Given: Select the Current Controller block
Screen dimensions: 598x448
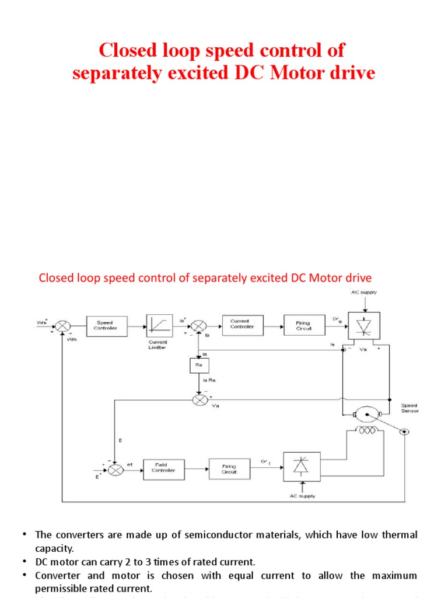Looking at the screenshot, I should (243, 325).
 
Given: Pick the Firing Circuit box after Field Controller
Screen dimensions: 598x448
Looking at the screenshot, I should (229, 468).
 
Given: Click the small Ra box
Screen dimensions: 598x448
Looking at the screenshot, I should (199, 366).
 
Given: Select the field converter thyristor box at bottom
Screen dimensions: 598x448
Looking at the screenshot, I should (302, 467).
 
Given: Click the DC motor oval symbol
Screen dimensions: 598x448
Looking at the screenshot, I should (366, 415).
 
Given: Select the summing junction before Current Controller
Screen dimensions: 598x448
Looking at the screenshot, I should (198, 326).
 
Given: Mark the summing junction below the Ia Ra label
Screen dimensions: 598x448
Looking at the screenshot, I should (198, 400).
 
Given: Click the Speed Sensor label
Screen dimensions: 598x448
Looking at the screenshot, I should (409, 408).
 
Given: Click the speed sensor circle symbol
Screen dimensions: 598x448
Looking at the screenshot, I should (404, 432).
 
